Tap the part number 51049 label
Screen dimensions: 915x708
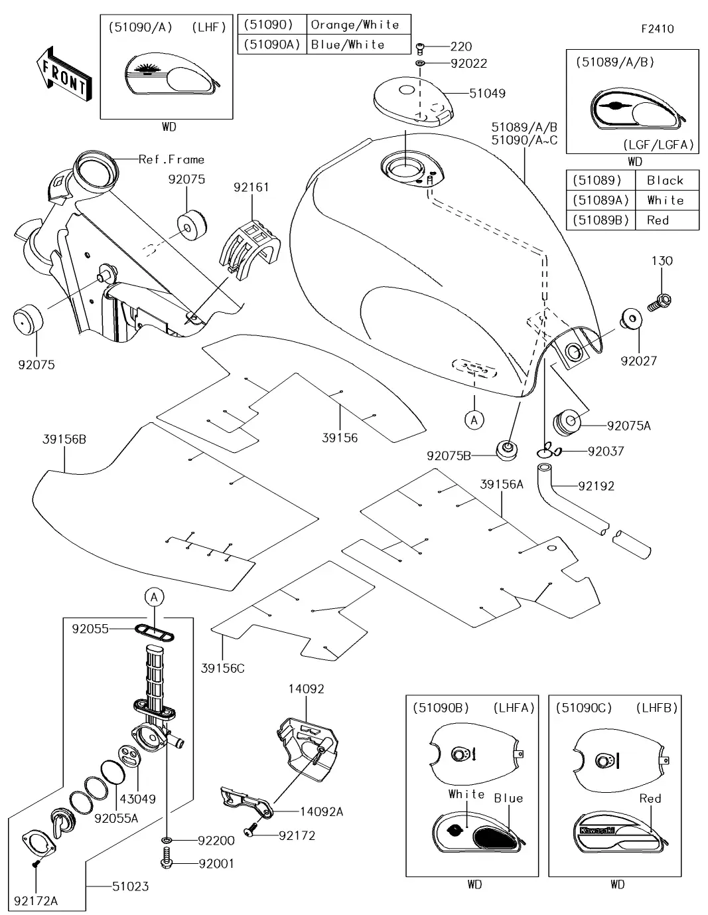(487, 94)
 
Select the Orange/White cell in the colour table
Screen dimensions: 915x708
(355, 25)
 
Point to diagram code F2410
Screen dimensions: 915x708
(657, 29)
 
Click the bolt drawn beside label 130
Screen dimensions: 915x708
(660, 303)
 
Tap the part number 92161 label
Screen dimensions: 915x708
(251, 187)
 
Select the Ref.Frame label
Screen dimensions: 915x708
(171, 159)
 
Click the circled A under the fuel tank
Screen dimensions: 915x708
(474, 420)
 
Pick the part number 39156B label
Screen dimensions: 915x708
(64, 440)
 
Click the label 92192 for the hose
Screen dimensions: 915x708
(596, 486)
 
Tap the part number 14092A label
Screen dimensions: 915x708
(322, 811)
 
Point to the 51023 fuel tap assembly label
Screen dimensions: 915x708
(130, 886)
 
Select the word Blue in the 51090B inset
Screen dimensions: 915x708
(508, 798)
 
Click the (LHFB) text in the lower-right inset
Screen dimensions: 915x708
(657, 708)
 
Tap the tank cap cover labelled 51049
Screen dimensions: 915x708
(411, 101)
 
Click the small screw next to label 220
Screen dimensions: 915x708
(421, 48)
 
